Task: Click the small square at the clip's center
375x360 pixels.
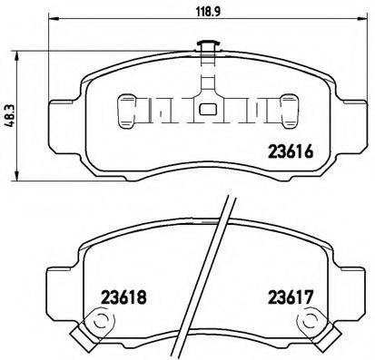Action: [x=206, y=112]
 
